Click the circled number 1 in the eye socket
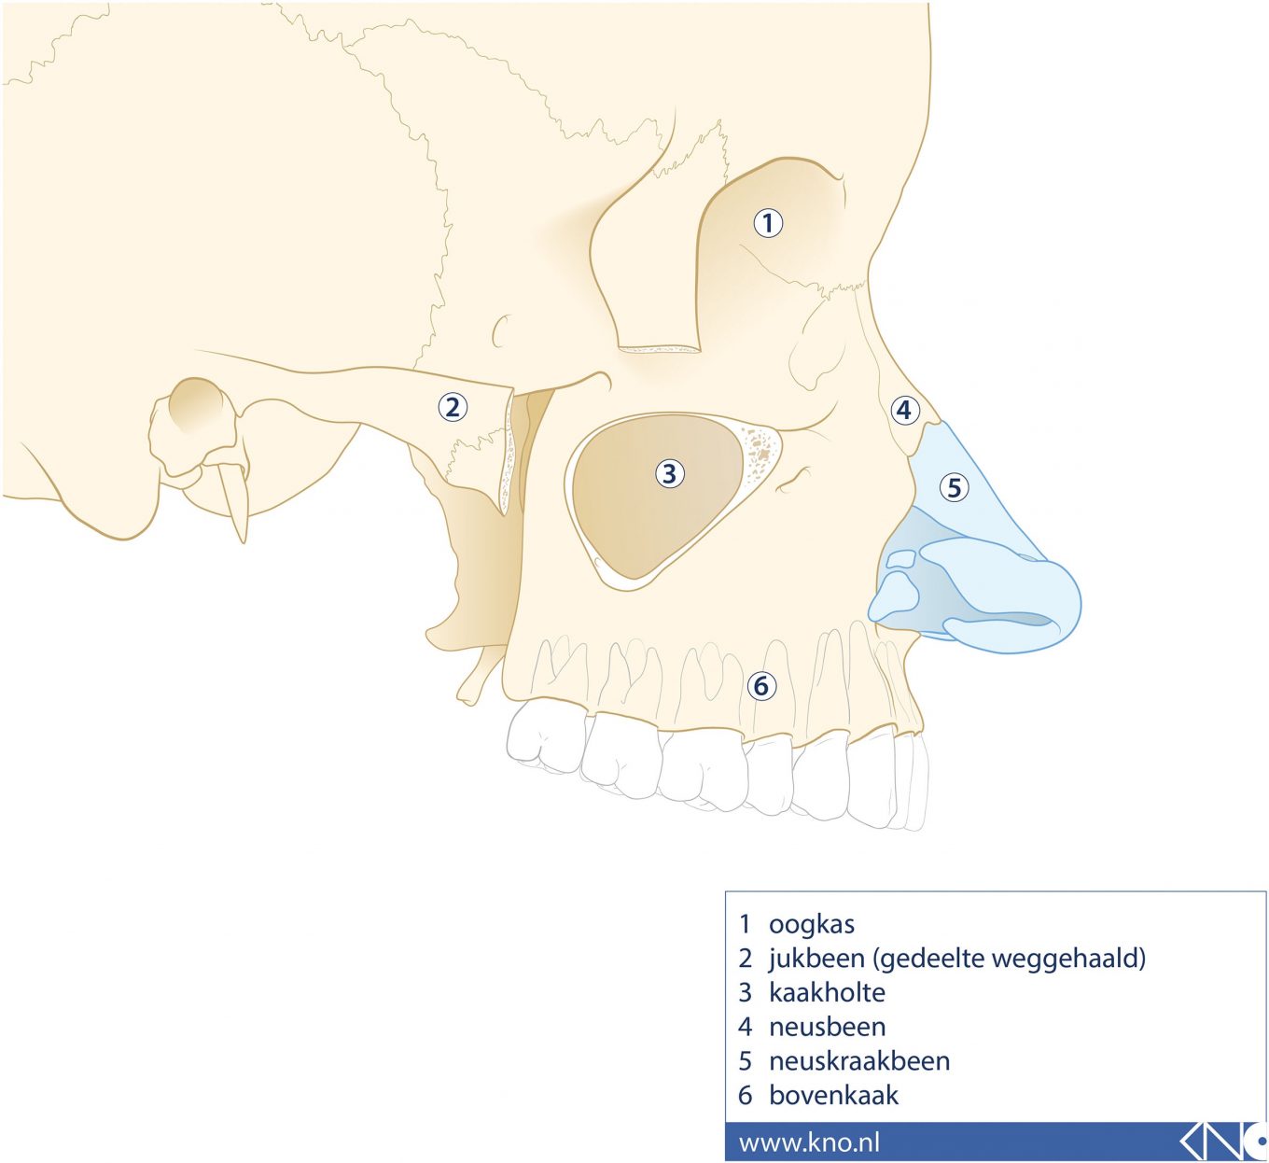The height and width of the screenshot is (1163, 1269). point(768,223)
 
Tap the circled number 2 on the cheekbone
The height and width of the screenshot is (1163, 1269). point(453,407)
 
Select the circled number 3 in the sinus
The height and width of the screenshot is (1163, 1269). point(669,473)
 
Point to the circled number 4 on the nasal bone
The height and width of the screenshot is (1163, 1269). point(903,410)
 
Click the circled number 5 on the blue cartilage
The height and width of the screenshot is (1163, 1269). point(954,487)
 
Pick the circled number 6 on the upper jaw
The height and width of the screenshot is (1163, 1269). point(761,686)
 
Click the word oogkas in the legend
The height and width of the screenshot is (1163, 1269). point(811,924)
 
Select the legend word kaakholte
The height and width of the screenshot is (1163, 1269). point(827,992)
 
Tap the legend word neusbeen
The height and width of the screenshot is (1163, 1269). point(827,1027)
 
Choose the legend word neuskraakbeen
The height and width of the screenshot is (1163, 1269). point(858,1061)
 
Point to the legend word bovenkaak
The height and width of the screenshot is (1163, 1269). point(833,1095)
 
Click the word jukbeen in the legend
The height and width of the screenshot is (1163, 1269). point(816,959)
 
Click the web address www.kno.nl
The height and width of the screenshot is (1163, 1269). point(809,1142)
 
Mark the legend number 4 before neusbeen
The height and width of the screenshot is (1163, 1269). point(745,1027)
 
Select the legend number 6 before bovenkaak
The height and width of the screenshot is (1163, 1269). point(745,1095)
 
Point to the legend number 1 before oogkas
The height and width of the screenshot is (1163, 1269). point(745,924)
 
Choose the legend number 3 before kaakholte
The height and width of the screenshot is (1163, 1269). point(745,992)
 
